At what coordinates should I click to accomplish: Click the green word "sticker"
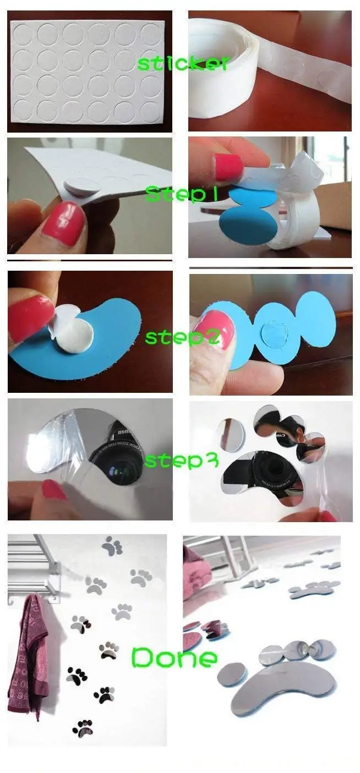[x=181, y=63]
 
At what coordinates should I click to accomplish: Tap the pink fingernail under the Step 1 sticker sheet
[x=64, y=223]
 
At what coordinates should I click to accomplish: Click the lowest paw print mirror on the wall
[x=83, y=727]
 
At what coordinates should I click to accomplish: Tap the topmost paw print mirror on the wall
[x=112, y=545]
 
